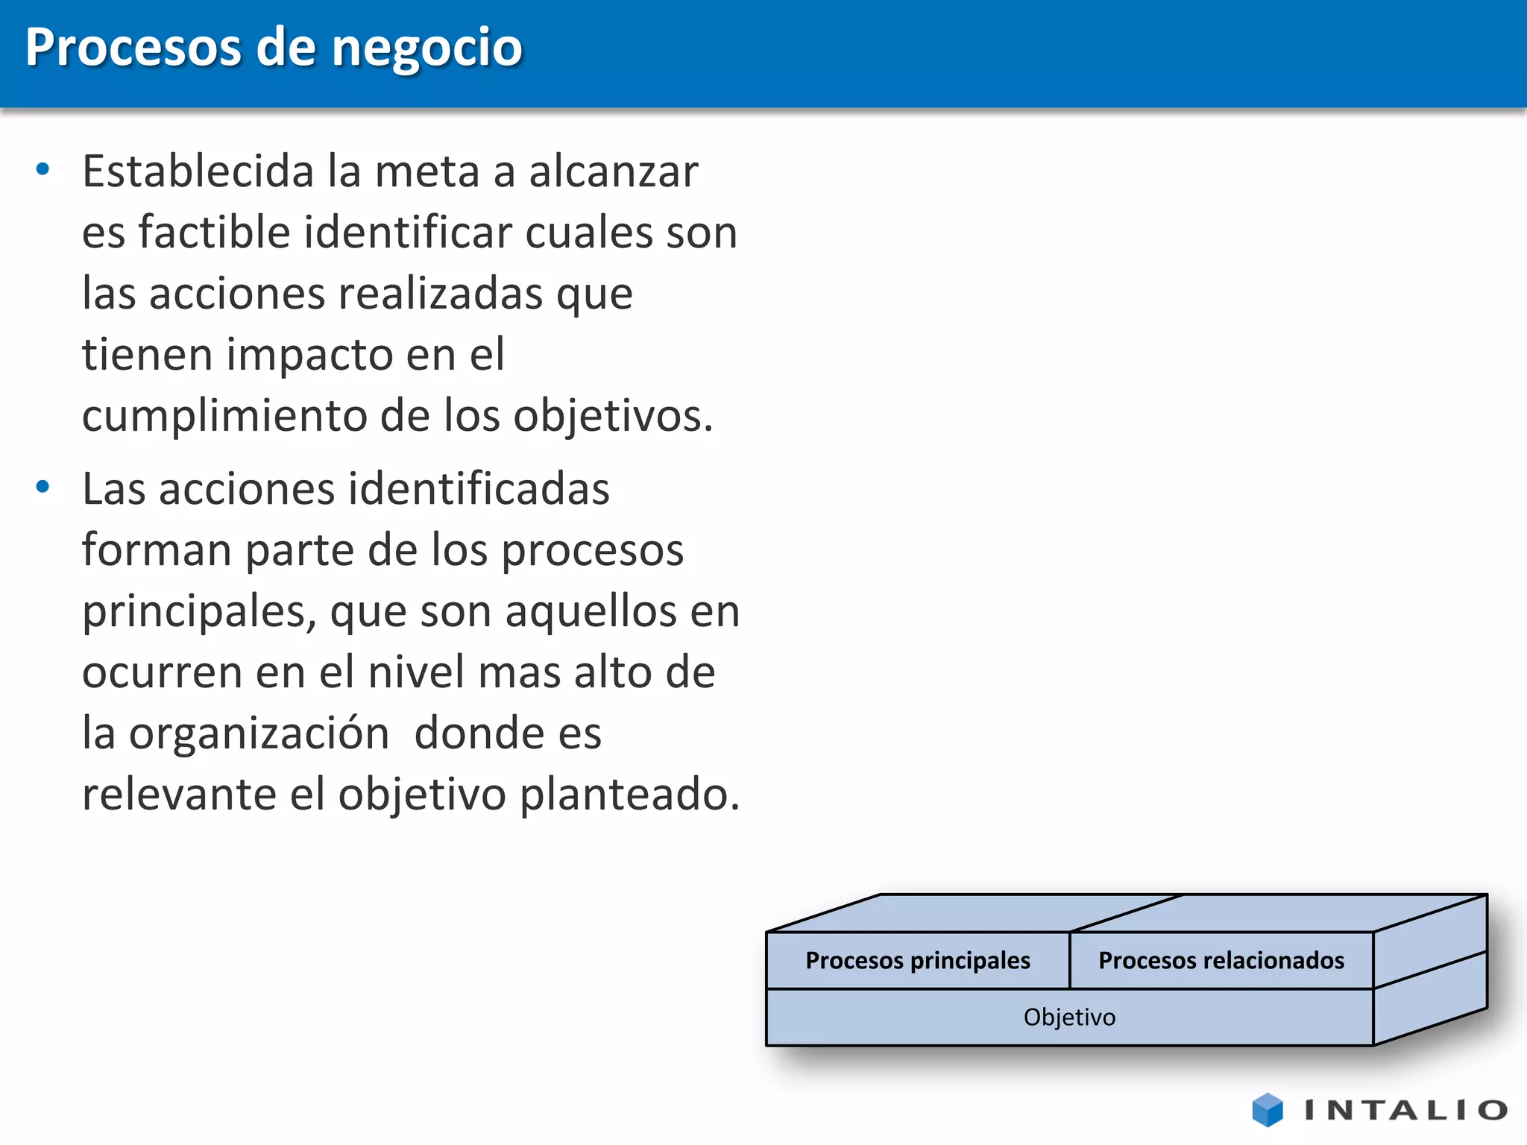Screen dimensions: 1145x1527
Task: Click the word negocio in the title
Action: click(x=426, y=48)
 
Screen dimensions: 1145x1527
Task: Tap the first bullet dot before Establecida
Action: click(x=42, y=169)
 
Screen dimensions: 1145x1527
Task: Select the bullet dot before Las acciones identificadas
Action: click(x=42, y=487)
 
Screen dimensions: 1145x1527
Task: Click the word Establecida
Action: click(x=198, y=171)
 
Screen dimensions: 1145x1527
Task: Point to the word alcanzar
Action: click(x=613, y=171)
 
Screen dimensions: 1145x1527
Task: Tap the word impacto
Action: click(x=309, y=354)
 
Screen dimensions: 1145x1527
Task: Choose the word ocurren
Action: click(x=162, y=672)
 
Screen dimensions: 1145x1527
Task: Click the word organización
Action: click(x=259, y=734)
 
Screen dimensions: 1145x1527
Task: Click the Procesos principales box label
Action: click(x=918, y=960)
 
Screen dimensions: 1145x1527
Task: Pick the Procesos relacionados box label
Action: click(x=1221, y=960)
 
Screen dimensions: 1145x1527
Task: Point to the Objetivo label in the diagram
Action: click(x=1069, y=1017)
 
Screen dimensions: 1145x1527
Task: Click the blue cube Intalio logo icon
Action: click(x=1268, y=1109)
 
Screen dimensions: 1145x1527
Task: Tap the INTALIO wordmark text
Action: click(x=1405, y=1110)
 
